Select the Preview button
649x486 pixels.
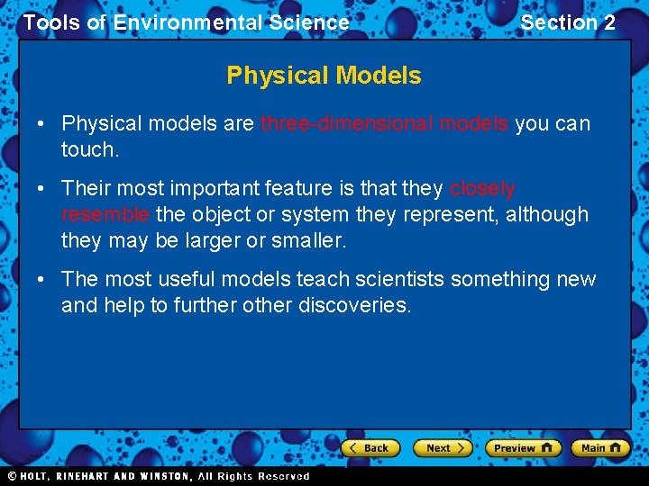pos(523,447)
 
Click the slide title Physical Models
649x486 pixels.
pos(324,76)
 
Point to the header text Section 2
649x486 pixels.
pos(568,22)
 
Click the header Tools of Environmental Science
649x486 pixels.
pos(186,22)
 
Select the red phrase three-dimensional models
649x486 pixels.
pos(384,124)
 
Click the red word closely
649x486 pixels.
pos(482,189)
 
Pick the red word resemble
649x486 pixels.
pos(105,215)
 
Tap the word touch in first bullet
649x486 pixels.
pos(87,150)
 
